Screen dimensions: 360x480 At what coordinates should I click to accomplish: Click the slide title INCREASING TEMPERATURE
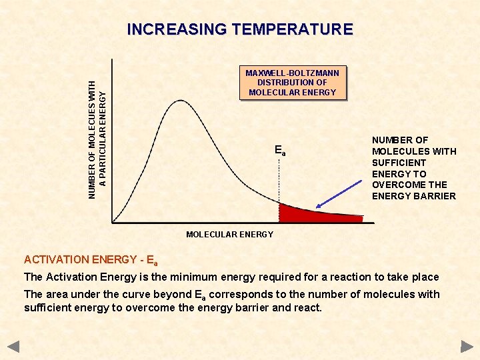coord(239,29)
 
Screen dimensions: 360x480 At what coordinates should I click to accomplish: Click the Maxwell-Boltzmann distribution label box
coord(292,83)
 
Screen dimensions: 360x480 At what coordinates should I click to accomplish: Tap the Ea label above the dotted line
coord(280,151)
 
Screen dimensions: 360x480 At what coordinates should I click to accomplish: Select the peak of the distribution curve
coord(180,101)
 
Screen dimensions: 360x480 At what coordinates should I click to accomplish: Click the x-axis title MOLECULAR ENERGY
coord(229,234)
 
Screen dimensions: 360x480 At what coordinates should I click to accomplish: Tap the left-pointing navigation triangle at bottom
coord(13,347)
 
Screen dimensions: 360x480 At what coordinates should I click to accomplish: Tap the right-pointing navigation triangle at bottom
coord(467,347)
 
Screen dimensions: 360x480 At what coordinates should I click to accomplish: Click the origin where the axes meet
coord(113,221)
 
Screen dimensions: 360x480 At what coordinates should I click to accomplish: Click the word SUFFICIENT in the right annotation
coord(399,163)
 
